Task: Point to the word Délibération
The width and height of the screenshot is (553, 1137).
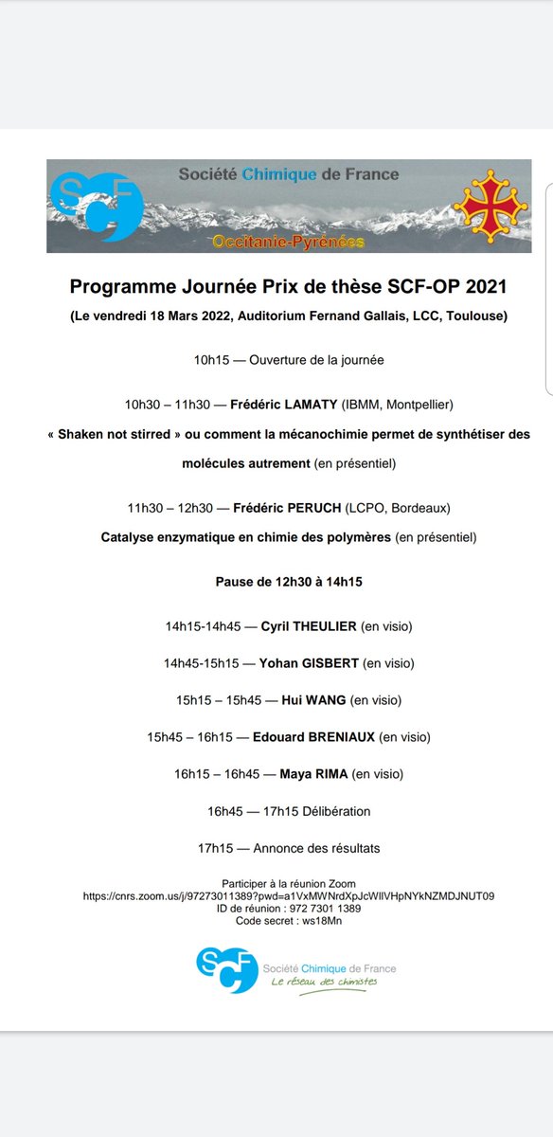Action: pyautogui.click(x=333, y=811)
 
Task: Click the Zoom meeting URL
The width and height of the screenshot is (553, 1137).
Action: pyautogui.click(x=289, y=895)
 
